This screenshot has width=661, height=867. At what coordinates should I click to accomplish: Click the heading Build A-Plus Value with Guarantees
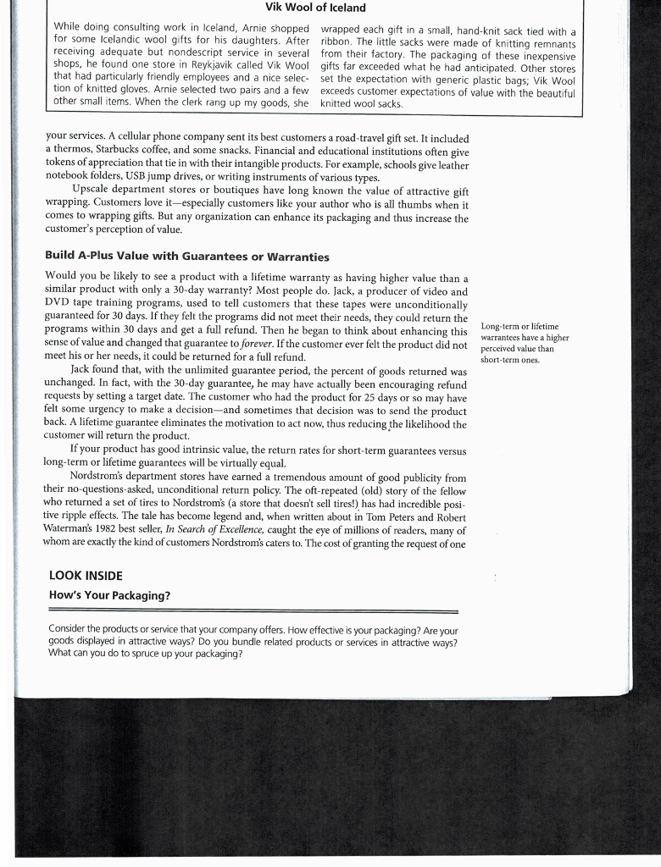(x=186, y=257)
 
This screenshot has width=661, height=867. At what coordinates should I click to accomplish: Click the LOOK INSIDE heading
(x=86, y=575)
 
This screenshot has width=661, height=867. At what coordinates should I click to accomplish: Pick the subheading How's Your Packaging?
(x=110, y=595)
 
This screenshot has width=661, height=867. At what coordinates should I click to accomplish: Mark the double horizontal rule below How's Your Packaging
(x=254, y=610)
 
